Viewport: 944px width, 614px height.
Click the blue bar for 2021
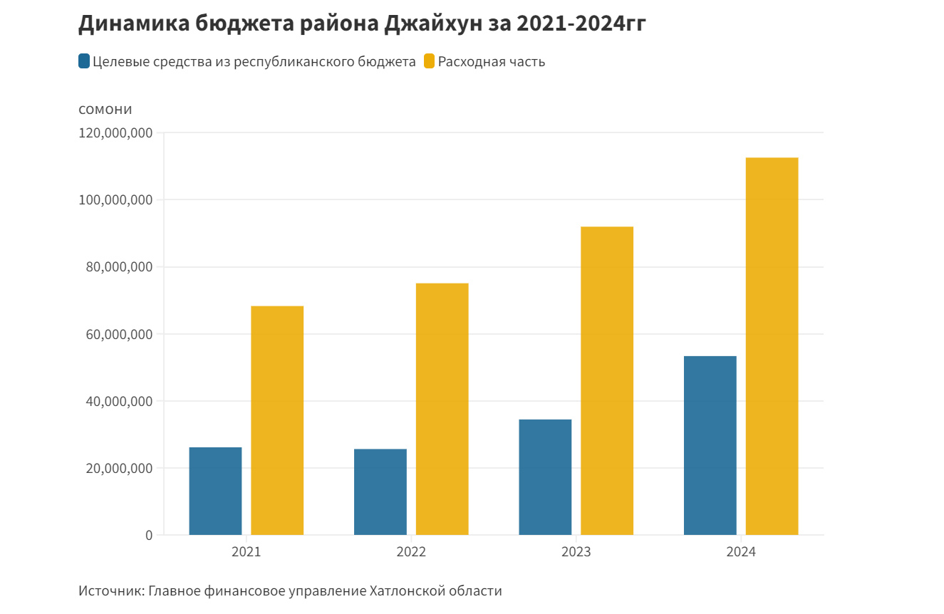[x=215, y=491]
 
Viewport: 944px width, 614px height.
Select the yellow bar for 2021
[x=277, y=420]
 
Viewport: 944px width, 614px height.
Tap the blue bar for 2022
[x=380, y=491]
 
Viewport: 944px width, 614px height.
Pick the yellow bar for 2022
[x=442, y=409]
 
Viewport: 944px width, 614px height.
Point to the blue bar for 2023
[x=545, y=477]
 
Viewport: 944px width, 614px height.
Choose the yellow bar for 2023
[x=607, y=380]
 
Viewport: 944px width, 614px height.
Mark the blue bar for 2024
[x=710, y=445]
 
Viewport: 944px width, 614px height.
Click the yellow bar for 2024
[x=772, y=345]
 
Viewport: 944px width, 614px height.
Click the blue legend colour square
[x=84, y=61]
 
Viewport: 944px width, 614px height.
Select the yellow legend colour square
[x=429, y=61]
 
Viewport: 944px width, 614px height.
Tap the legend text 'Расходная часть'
[x=492, y=62]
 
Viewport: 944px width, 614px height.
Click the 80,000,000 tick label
[x=118, y=267]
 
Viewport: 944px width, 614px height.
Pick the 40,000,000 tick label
[x=118, y=401]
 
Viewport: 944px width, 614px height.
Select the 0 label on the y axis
[x=149, y=535]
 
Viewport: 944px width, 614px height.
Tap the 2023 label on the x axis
[x=576, y=553]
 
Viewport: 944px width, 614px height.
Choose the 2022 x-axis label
[x=411, y=553]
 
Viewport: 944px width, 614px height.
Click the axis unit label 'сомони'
[x=105, y=109]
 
